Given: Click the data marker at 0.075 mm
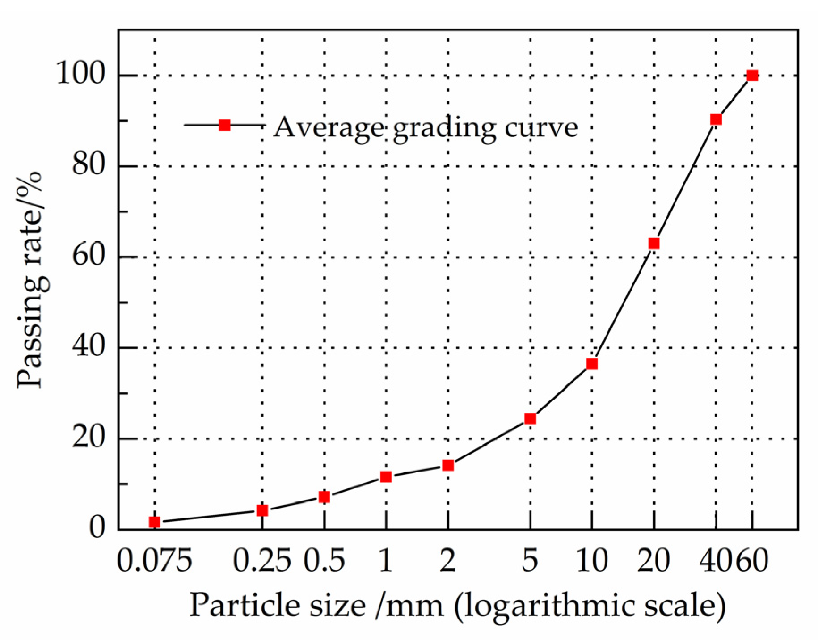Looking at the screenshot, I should [x=154, y=522].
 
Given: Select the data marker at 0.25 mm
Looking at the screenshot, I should [x=262, y=510].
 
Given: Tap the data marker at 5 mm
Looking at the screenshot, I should [x=530, y=418].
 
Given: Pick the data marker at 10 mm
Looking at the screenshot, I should [x=592, y=363].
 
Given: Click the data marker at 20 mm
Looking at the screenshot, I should [x=654, y=243].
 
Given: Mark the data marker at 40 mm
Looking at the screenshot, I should [x=716, y=119].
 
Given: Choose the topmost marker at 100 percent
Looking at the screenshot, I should [x=752, y=75].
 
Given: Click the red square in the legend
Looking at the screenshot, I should [x=225, y=125].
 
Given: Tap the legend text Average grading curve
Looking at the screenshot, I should [x=426, y=127].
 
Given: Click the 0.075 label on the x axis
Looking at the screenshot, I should [x=154, y=560].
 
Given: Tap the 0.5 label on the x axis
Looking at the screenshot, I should [x=325, y=560].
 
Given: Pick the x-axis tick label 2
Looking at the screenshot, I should [x=448, y=560].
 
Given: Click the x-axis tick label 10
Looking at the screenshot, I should [x=592, y=560].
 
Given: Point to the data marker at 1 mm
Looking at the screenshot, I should [x=386, y=476].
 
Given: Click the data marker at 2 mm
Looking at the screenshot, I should [x=448, y=465].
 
